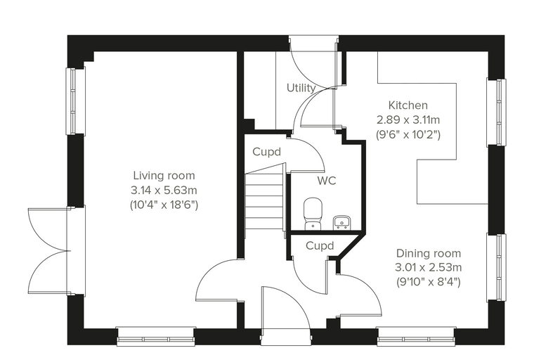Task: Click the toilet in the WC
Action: coord(313,214)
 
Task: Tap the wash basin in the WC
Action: coord(341,222)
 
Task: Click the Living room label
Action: coord(164,176)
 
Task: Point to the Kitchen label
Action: coord(408,105)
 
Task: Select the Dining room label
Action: coord(429,253)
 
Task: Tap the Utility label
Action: coord(301,88)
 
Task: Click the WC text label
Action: coord(327,180)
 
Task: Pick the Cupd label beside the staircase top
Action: coord(267,152)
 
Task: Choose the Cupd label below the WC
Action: coord(320,245)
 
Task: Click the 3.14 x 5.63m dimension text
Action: coord(164,190)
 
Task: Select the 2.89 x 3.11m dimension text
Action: coord(408,120)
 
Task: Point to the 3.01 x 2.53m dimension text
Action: coord(429,267)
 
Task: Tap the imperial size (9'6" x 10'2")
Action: coord(408,135)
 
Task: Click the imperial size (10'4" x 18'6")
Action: coord(164,205)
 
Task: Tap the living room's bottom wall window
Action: coord(156,337)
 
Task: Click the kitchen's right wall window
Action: coord(496,112)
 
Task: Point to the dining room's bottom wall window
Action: coord(416,337)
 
